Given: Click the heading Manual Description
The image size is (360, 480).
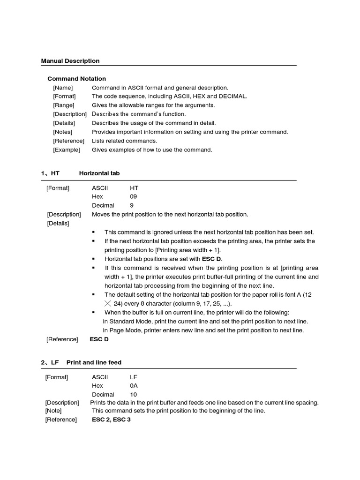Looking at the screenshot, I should pyautogui.click(x=70, y=61).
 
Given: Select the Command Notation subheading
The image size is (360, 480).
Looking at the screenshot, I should pyautogui.click(x=77, y=79).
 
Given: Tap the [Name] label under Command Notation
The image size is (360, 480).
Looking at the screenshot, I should pyautogui.click(x=63, y=88).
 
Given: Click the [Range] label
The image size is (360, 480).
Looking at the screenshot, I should pyautogui.click(x=63, y=105).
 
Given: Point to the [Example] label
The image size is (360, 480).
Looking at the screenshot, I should pyautogui.click(x=67, y=150).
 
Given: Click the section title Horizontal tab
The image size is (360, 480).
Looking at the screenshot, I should pyautogui.click(x=99, y=173).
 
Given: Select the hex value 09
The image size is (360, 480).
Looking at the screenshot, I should pyautogui.click(x=134, y=197).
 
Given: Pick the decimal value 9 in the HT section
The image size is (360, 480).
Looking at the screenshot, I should pyautogui.click(x=132, y=206).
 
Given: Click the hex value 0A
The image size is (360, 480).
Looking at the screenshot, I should pyautogui.click(x=134, y=386).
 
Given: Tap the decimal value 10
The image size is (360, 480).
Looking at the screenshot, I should pyautogui.click(x=134, y=395).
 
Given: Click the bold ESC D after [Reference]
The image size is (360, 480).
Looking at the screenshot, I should pyautogui.click(x=99, y=339).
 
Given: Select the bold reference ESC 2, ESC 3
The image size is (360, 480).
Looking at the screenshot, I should pyautogui.click(x=111, y=420).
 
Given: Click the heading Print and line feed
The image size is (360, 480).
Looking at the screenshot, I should pyautogui.click(x=94, y=363).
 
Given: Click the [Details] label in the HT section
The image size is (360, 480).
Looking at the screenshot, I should pyautogui.click(x=58, y=224).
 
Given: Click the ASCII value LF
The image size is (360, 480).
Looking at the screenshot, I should pyautogui.click(x=134, y=377).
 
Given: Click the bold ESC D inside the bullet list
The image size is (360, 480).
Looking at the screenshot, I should pyautogui.click(x=212, y=259).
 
